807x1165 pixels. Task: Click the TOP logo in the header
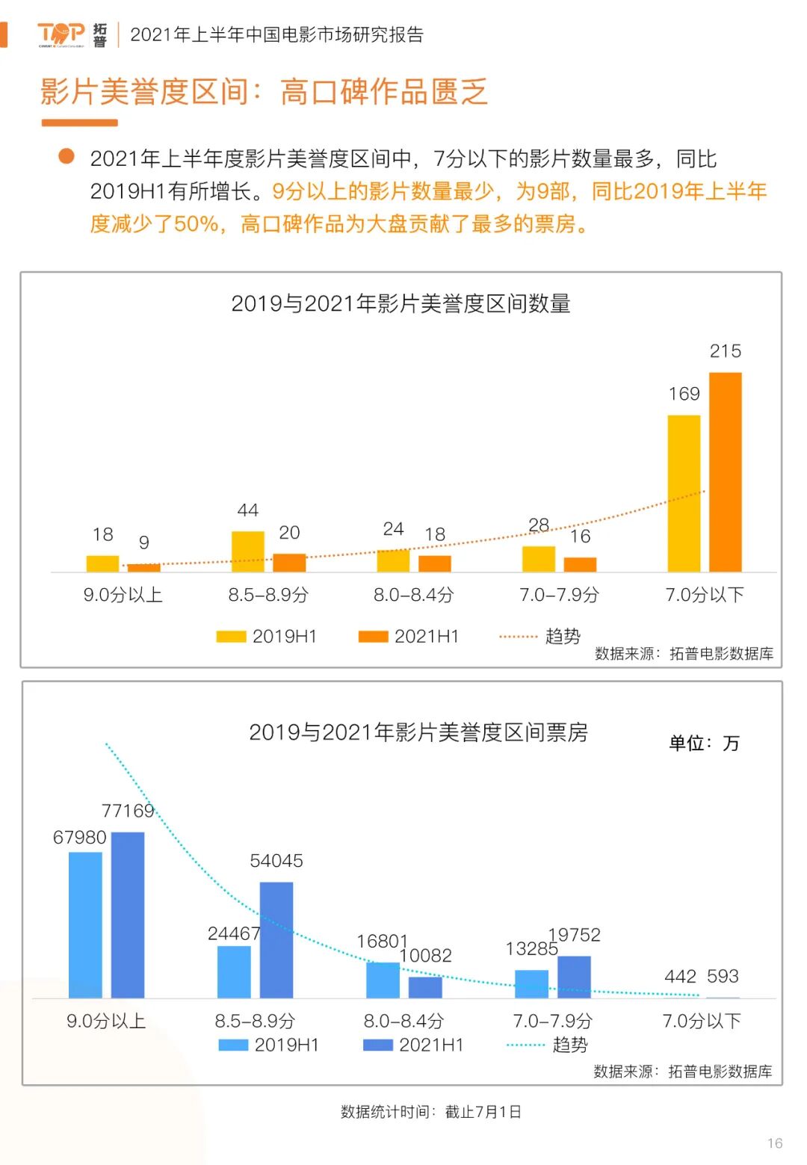61,34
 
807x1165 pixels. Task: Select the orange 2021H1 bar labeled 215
725,472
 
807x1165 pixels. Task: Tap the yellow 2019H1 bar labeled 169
684,493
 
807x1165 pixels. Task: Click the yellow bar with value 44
248,551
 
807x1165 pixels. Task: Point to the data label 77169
128,811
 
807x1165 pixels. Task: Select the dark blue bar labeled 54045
276,939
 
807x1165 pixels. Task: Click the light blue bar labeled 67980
85,924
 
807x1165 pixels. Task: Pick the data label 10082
426,955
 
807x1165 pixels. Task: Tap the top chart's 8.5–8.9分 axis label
268,595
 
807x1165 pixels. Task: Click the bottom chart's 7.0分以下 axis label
702,1021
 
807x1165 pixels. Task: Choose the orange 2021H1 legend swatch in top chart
373,637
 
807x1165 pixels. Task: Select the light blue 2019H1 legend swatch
233,1045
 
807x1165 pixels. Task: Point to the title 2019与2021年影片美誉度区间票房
418,732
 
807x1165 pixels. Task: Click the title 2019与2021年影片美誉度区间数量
401,303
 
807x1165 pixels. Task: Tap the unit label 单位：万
703,743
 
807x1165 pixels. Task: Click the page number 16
775,1143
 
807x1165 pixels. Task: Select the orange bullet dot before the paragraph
67,156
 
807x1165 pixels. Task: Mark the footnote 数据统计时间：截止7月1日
430,1112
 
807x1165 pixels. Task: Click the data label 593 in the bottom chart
723,976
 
